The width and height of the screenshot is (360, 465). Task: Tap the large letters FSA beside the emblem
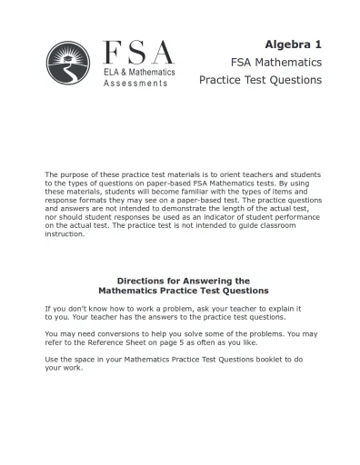pyautogui.click(x=137, y=52)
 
